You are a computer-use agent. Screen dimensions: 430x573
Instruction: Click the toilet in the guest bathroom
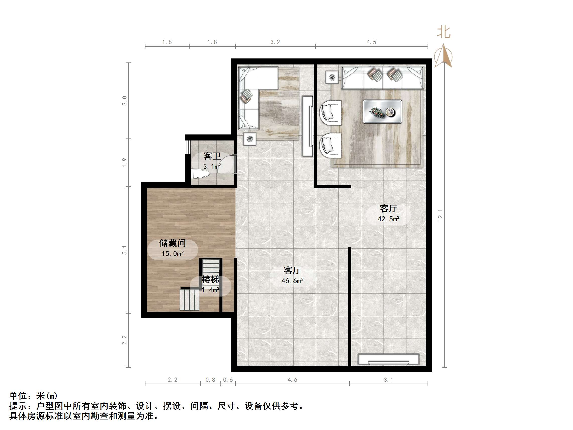(x=200, y=174)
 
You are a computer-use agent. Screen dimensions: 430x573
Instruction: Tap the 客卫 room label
(x=212, y=156)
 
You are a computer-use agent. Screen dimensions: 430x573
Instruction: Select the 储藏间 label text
(x=173, y=243)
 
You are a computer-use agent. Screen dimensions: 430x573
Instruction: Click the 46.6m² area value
(x=292, y=281)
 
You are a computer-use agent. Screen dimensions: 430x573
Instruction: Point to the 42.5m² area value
(x=388, y=219)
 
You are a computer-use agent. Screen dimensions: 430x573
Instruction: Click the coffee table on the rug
(x=382, y=112)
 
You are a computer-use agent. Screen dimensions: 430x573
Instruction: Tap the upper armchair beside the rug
(x=330, y=113)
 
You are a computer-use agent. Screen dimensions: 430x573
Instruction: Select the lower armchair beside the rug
(x=330, y=146)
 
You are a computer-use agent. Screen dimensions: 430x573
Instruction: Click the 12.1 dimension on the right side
(x=440, y=215)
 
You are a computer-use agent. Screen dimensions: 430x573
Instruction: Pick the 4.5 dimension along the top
(x=371, y=42)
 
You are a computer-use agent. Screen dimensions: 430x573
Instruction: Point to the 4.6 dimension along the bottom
(x=292, y=380)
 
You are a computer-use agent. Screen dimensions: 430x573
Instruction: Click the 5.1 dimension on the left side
(x=125, y=250)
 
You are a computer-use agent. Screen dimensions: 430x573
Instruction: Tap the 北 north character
(x=444, y=32)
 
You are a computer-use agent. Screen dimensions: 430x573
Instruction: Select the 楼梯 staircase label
(x=210, y=279)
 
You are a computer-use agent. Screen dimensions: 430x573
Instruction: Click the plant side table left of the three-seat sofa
(x=332, y=77)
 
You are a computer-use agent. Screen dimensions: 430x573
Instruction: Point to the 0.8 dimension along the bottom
(x=210, y=380)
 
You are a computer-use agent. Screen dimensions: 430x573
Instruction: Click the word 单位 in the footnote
(x=18, y=396)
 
